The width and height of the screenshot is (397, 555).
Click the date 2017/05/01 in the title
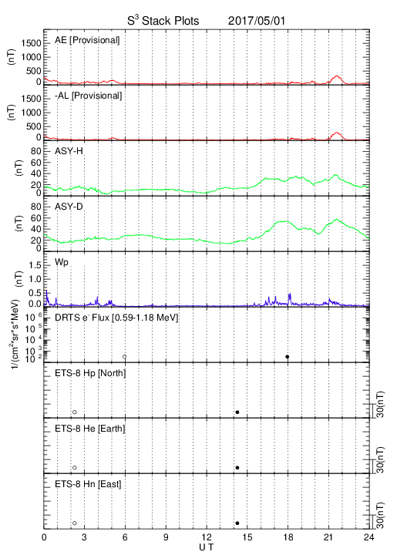pyautogui.click(x=256, y=21)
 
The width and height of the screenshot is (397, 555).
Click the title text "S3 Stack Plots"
pyautogui.click(x=163, y=20)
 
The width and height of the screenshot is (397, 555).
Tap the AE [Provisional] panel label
pyautogui.click(x=87, y=40)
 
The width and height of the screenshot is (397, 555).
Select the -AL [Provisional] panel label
pyautogui.click(x=89, y=96)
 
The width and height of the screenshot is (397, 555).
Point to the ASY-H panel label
pyautogui.click(x=69, y=151)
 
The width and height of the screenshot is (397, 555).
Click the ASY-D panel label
pyautogui.click(x=69, y=207)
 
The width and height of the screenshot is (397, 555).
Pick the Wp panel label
pyautogui.click(x=62, y=263)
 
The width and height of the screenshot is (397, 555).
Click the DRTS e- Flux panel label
pyautogui.click(x=116, y=318)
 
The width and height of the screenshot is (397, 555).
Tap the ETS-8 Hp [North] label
pyautogui.click(x=90, y=373)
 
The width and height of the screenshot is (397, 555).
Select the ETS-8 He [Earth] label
pyautogui.click(x=90, y=429)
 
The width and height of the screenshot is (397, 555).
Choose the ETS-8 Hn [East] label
pyautogui.click(x=88, y=484)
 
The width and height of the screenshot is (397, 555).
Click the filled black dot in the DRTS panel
pyautogui.click(x=288, y=357)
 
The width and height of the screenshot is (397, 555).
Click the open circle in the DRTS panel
pyautogui.click(x=125, y=357)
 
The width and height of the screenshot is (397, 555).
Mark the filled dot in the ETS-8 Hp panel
pyautogui.click(x=237, y=412)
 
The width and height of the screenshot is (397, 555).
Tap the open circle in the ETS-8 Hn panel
pyautogui.click(x=75, y=523)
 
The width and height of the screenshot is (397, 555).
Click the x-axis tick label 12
pyautogui.click(x=207, y=537)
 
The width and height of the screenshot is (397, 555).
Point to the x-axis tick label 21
pyautogui.click(x=328, y=537)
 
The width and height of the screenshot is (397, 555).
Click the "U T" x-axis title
pyautogui.click(x=207, y=547)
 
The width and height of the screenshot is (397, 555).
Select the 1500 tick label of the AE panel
pyautogui.click(x=32, y=43)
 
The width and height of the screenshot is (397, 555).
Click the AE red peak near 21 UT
pyautogui.click(x=337, y=76)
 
